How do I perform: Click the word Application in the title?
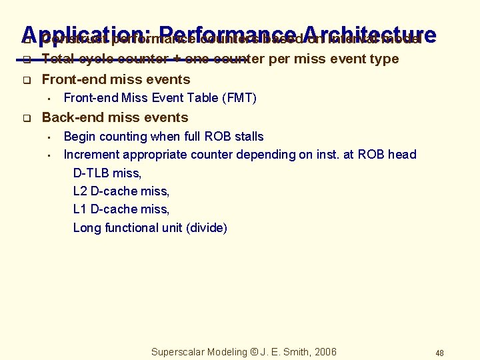click(87, 35)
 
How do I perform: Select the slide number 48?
click(439, 353)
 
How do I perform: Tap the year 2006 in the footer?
click(324, 352)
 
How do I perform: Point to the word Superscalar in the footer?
click(179, 352)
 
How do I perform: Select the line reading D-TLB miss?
click(107, 173)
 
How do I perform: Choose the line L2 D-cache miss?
click(121, 191)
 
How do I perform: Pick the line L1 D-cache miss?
click(121, 209)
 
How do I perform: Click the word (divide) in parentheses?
click(207, 228)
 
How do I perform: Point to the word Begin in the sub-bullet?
click(79, 137)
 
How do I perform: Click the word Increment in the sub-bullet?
click(91, 155)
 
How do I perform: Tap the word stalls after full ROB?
click(247, 137)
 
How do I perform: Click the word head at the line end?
click(402, 155)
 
